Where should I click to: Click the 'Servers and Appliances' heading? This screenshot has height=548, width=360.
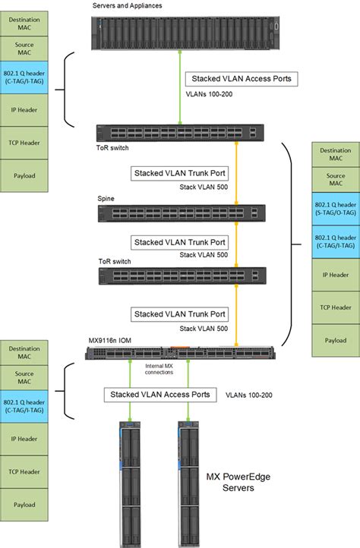(127, 6)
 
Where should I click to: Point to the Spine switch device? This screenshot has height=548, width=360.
(179, 214)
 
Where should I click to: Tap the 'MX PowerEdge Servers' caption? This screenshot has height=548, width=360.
(238, 483)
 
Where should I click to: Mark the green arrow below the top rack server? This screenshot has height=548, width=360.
(179, 85)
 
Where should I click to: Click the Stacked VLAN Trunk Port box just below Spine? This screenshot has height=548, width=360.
(179, 242)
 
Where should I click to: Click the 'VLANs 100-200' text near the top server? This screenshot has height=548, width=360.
(210, 96)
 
